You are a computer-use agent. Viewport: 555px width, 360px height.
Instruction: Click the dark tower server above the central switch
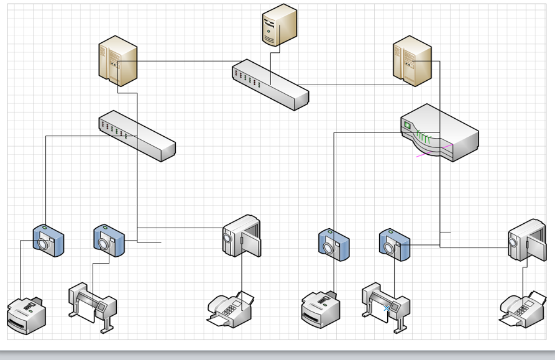279,25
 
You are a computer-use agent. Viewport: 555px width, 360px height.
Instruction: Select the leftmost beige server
117,60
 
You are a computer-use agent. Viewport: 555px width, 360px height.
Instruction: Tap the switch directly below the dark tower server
270,85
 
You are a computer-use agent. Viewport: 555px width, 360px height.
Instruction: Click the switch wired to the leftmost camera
137,136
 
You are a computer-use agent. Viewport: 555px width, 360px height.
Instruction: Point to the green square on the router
408,125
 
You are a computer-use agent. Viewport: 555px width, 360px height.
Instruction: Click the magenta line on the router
435,151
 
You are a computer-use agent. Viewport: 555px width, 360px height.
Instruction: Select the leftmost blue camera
48,241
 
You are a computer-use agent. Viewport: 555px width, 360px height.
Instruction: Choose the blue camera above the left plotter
109,241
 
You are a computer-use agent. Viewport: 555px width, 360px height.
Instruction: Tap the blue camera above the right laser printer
334,245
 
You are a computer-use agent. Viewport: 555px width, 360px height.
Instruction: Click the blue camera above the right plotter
395,244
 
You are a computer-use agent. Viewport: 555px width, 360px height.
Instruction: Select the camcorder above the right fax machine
526,239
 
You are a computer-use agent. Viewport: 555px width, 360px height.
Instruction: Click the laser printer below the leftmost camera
27,315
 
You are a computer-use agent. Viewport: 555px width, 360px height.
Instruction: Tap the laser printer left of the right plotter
321,309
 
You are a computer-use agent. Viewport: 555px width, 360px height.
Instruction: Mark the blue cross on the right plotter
387,307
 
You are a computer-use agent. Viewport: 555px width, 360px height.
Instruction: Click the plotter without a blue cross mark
93,305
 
